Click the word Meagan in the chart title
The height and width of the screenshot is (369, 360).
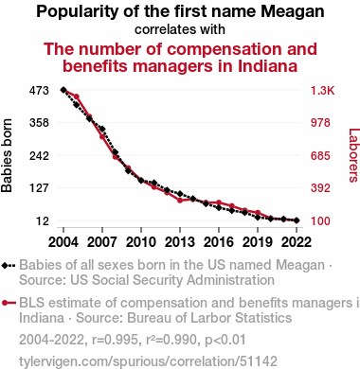click(292, 11)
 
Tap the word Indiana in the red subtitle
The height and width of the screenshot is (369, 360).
click(267, 66)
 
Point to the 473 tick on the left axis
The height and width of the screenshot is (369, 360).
click(39, 91)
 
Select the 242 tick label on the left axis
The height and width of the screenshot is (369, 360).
click(39, 156)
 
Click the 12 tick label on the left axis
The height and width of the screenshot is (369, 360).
click(43, 220)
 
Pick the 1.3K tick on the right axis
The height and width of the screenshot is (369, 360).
click(322, 91)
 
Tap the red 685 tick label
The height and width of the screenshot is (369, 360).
click(320, 156)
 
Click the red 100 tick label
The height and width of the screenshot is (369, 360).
click(320, 220)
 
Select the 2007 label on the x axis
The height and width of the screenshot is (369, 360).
click(102, 242)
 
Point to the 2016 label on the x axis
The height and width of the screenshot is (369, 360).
click(219, 242)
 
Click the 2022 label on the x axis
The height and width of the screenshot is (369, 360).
click(297, 242)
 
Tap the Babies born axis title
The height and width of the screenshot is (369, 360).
click(7, 155)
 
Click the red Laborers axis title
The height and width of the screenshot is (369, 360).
click(353, 155)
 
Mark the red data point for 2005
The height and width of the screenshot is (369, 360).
click(77, 97)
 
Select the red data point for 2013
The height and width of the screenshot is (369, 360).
click(180, 201)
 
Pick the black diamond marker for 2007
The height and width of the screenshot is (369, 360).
click(102, 129)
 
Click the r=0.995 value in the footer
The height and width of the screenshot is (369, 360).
click(115, 340)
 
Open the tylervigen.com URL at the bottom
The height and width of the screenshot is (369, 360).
click(148, 361)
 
